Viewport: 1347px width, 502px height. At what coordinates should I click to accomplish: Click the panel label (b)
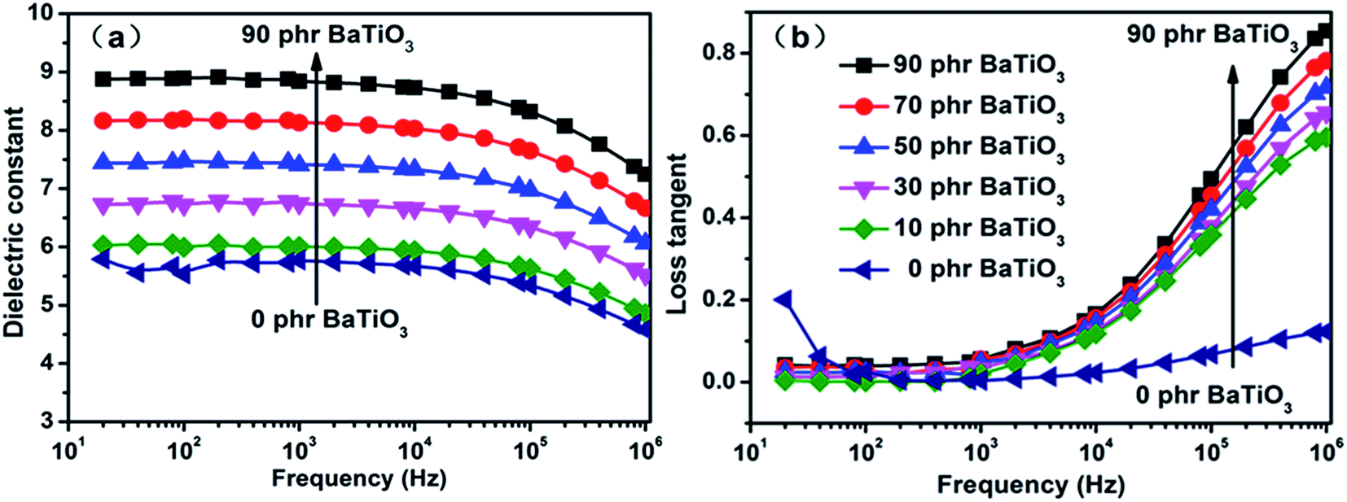[x=799, y=37]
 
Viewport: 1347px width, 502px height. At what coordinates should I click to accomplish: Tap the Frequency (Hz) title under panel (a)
[x=359, y=478]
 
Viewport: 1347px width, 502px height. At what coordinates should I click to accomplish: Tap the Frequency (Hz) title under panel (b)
[x=1030, y=486]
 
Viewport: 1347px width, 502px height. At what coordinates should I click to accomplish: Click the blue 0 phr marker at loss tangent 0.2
[x=784, y=299]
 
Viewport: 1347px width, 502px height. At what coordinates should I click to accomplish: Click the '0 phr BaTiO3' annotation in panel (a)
[x=329, y=320]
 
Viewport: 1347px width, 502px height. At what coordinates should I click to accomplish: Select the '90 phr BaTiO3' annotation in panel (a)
[x=327, y=36]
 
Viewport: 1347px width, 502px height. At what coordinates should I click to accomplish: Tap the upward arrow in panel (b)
[x=1233, y=220]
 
